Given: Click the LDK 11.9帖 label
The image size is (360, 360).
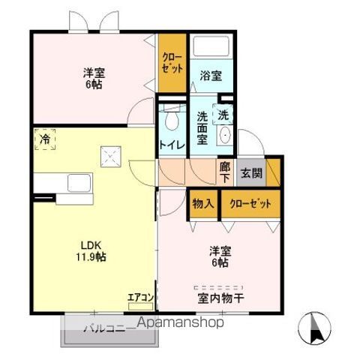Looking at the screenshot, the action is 91,251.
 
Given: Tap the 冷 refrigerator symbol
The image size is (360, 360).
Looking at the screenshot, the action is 45,139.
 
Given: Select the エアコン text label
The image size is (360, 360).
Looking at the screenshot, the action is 140,298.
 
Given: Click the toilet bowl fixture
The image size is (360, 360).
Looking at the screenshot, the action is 172,121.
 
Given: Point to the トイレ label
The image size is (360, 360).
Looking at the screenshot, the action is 172,145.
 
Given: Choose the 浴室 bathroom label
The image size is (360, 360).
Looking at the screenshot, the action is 211,76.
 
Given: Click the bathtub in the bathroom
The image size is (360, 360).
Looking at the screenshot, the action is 211,46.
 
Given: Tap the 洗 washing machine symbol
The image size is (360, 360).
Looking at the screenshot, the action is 223,115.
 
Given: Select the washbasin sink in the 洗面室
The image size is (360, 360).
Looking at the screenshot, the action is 225,135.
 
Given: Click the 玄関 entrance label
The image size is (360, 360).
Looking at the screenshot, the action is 251,173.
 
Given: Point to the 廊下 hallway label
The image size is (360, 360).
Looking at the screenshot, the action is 225,172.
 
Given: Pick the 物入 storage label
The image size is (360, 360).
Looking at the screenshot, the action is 203,204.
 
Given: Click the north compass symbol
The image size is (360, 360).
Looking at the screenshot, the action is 315,328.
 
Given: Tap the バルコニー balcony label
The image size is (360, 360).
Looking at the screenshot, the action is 108,328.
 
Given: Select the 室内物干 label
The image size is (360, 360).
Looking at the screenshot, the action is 220,298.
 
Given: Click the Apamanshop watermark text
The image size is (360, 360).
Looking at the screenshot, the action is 181,322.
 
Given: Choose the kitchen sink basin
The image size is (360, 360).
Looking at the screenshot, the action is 79,183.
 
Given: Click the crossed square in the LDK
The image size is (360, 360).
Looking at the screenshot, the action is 111,157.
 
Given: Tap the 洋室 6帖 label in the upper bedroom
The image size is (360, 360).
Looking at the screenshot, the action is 94,78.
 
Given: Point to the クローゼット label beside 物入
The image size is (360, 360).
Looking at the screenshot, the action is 250,204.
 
